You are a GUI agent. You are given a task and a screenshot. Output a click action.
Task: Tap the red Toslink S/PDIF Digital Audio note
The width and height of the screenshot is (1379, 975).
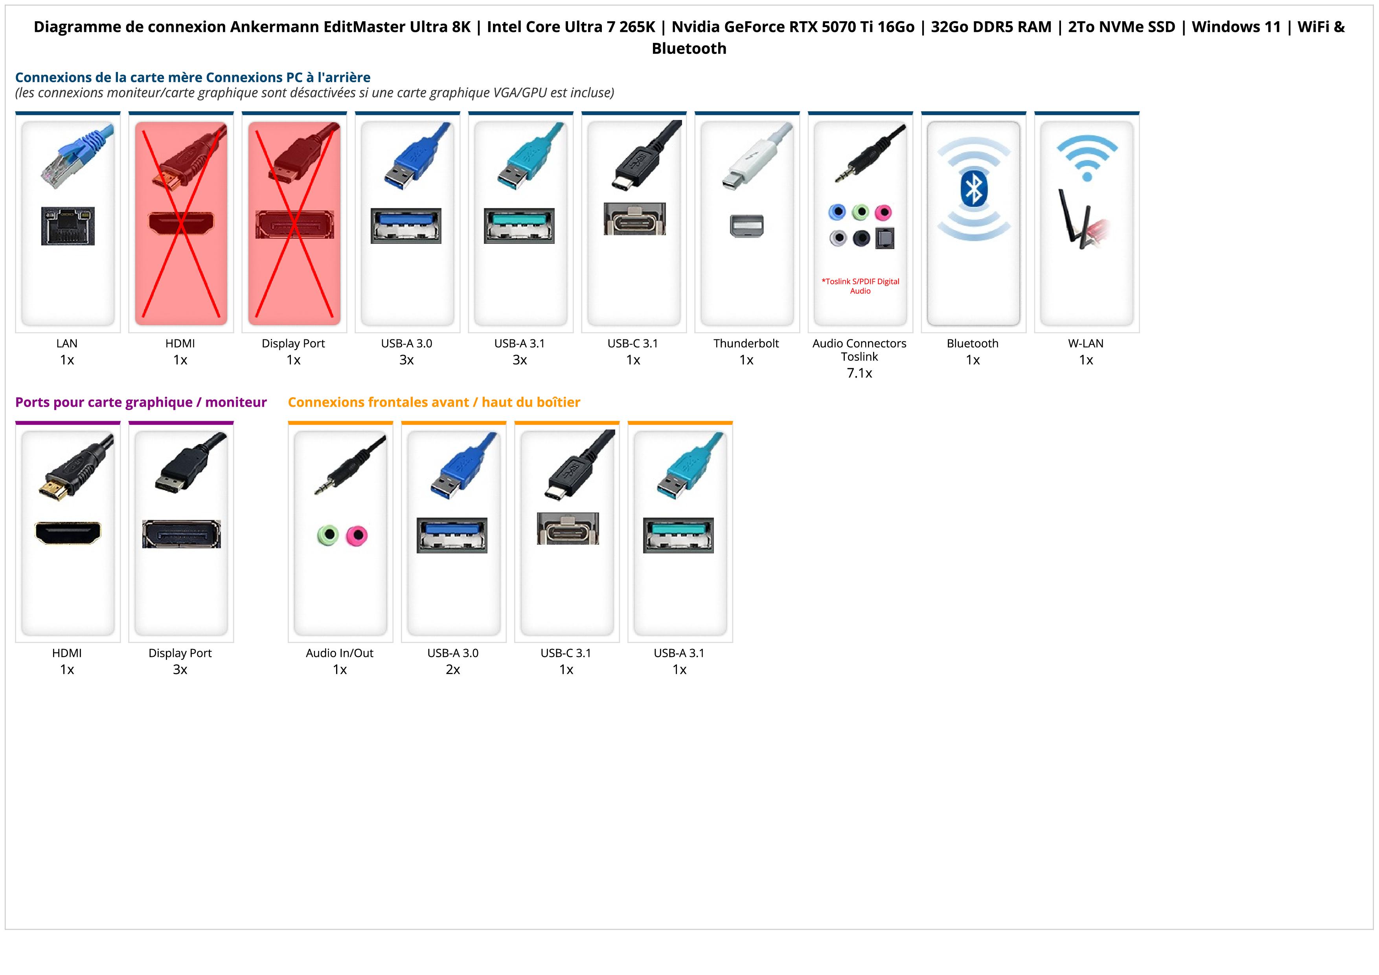tap(860, 286)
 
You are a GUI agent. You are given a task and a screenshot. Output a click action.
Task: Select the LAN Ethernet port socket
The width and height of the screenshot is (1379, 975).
tap(68, 226)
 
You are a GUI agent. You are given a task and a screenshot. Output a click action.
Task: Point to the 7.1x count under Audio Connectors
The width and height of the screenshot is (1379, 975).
tap(859, 373)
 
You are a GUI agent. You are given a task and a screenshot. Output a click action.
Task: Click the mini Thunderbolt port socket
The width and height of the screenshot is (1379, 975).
tap(746, 226)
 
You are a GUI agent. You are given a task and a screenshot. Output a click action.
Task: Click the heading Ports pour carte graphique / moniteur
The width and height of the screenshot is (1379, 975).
tap(141, 402)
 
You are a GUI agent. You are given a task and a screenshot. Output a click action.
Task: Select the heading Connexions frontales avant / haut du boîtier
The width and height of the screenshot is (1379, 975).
tap(434, 402)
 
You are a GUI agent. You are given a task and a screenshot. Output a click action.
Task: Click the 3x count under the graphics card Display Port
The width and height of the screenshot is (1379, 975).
tap(180, 670)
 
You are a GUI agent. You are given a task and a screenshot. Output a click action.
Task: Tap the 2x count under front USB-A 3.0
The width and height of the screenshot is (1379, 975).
tap(453, 670)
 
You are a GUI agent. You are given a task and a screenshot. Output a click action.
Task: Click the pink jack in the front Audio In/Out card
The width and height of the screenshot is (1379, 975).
tap(357, 535)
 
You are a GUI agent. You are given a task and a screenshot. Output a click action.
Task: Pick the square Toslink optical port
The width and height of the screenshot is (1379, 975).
tap(885, 238)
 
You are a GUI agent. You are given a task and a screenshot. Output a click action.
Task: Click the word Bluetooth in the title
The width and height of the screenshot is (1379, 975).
tap(689, 49)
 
